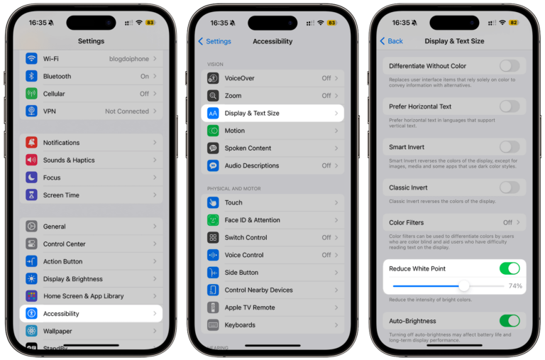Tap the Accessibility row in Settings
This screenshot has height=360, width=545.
(91, 313)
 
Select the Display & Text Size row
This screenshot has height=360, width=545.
(272, 113)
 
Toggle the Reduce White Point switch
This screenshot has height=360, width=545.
(510, 268)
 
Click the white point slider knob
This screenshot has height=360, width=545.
(463, 285)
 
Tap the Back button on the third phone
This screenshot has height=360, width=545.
(391, 41)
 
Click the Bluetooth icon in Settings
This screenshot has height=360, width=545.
(31, 76)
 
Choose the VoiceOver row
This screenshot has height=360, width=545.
(272, 78)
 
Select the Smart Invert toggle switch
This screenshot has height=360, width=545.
(510, 147)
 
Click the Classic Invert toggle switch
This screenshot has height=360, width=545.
(510, 187)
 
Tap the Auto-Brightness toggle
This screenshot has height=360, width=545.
(510, 321)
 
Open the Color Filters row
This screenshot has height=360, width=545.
(454, 222)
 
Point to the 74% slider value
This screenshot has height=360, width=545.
(515, 286)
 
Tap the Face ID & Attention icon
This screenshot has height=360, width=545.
(213, 220)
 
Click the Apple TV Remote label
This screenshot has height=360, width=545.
(250, 307)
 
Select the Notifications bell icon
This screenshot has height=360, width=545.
(31, 143)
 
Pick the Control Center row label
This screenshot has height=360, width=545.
(65, 244)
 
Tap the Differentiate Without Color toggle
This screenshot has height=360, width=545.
(510, 66)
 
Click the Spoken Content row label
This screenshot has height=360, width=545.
(248, 148)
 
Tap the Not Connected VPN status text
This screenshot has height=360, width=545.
(127, 111)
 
